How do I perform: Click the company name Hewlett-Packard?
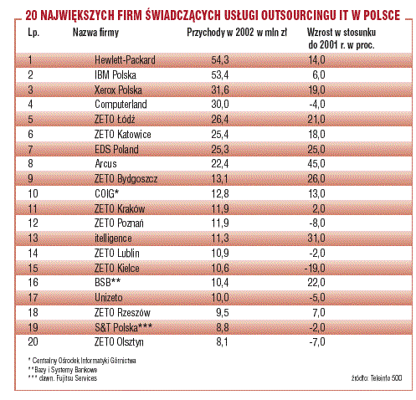[x=125, y=60]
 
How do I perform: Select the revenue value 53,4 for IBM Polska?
[x=220, y=75]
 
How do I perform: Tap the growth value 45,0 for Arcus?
[x=316, y=164]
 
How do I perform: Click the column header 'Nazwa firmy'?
[x=95, y=33]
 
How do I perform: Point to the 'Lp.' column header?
[x=33, y=33]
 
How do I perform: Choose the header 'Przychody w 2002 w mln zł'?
[x=237, y=33]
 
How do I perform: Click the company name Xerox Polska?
[x=118, y=90]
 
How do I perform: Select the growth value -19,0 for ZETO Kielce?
[x=315, y=269]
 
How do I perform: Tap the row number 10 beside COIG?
[x=33, y=194]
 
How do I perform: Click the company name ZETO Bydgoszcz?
[x=126, y=179]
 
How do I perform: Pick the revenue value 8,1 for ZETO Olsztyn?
[x=222, y=342]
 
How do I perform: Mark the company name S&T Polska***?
[x=123, y=327]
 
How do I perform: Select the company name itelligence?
[x=113, y=238]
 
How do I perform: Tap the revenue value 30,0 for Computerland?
[x=220, y=105]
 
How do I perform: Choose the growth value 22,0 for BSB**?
[x=316, y=283]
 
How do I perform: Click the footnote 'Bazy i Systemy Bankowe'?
[x=66, y=370]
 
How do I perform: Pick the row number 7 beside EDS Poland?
[x=30, y=150]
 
